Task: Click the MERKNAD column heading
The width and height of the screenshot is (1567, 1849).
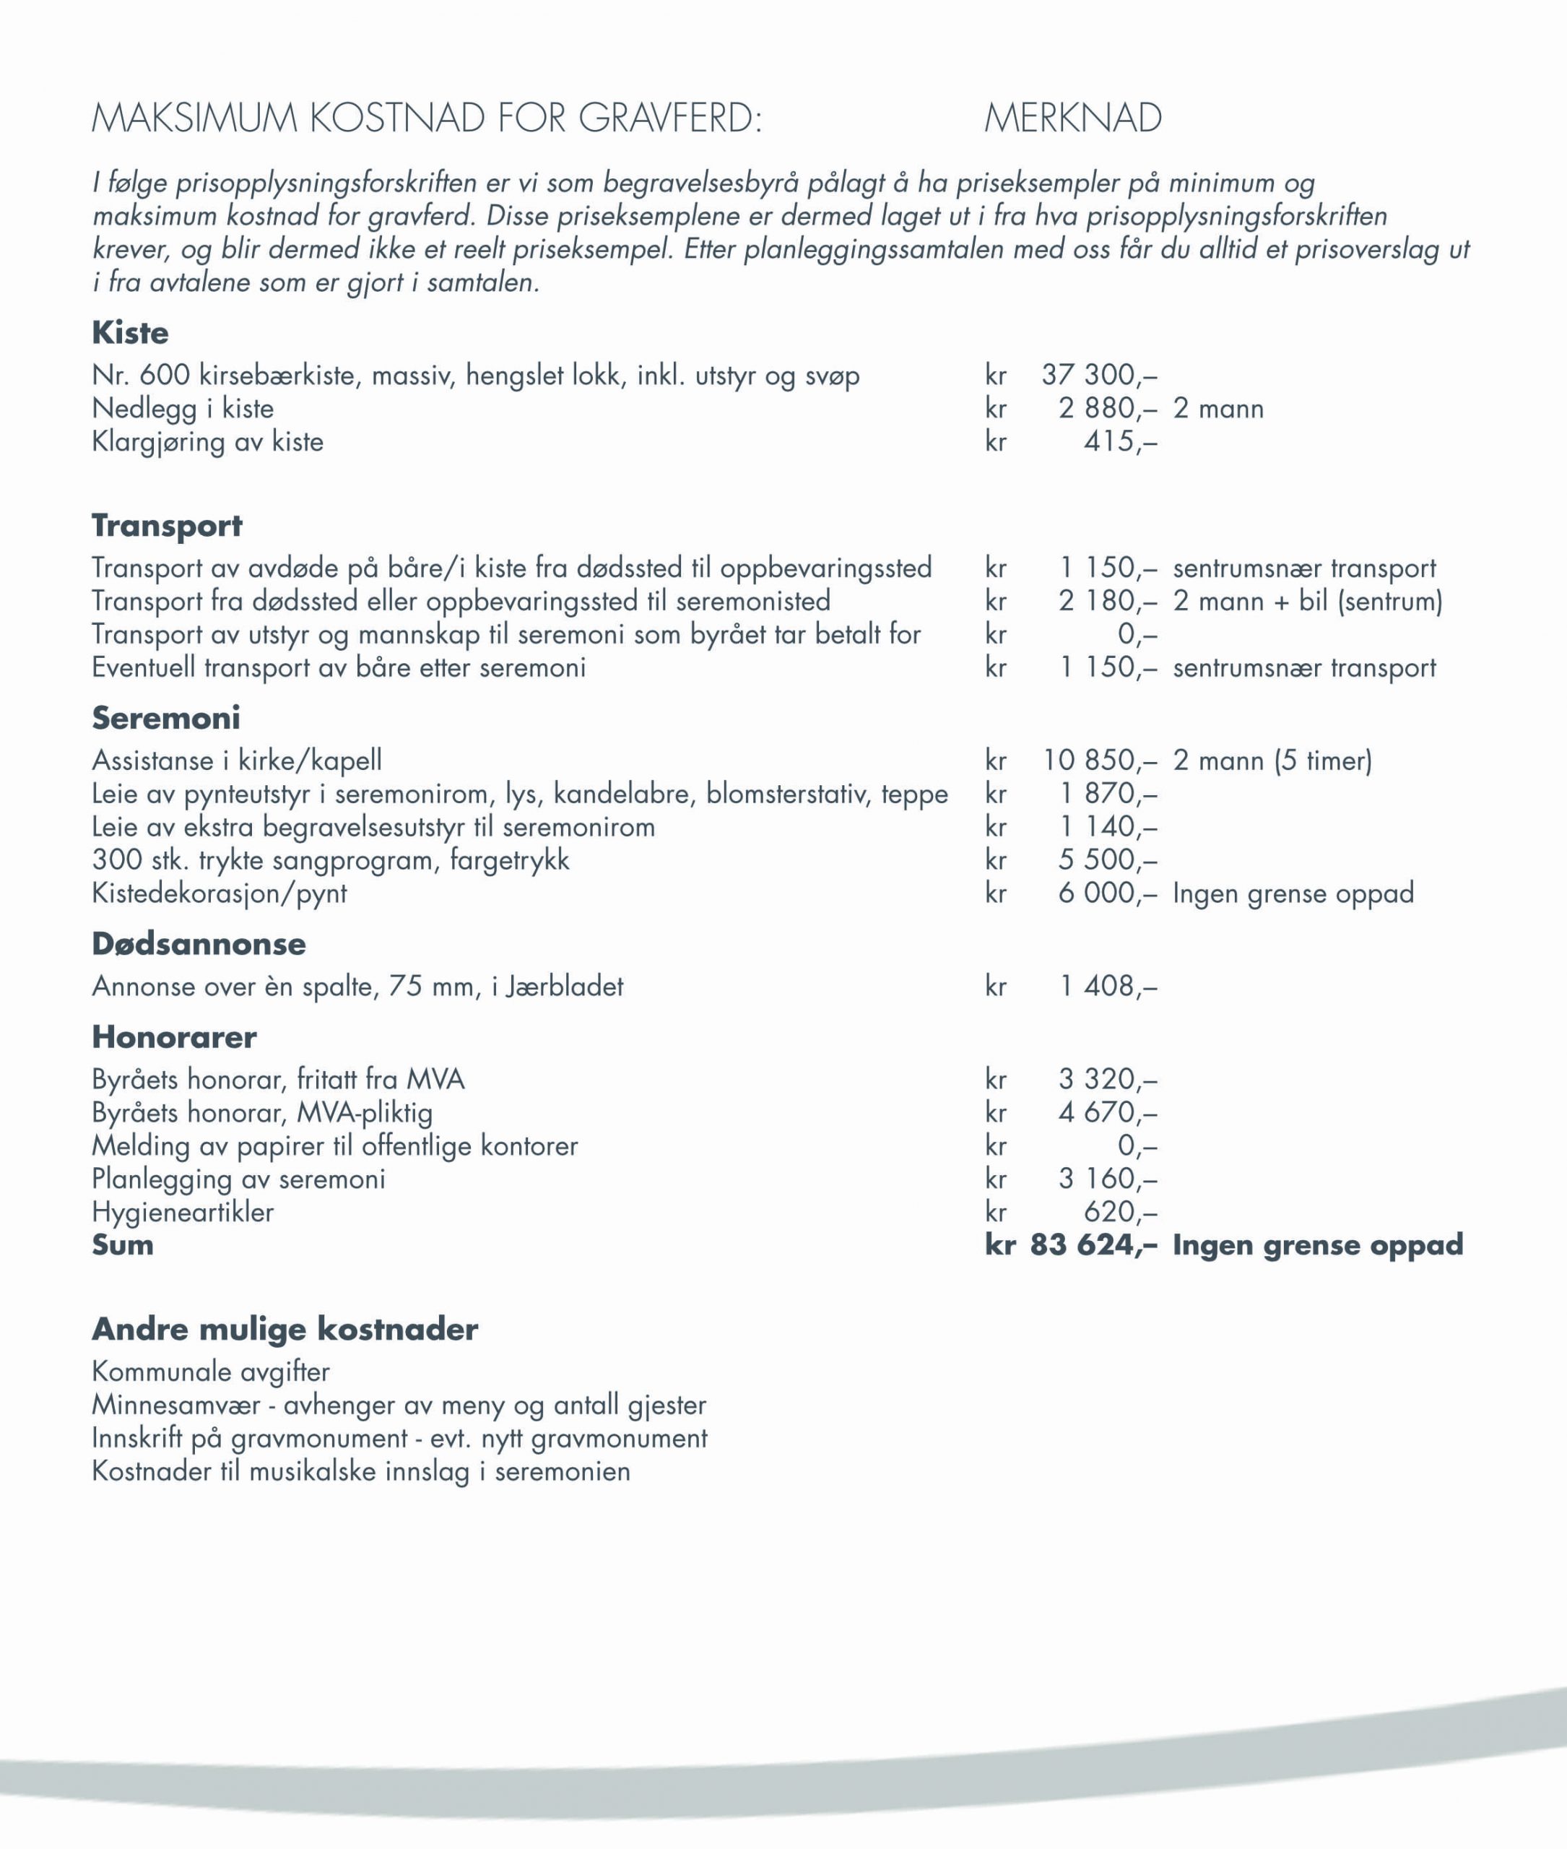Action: coord(1073,118)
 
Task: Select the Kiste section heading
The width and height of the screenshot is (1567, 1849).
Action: coord(130,333)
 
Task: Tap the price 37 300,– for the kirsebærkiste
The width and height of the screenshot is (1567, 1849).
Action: coord(1099,375)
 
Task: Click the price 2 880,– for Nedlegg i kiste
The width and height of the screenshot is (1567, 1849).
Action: coord(1108,409)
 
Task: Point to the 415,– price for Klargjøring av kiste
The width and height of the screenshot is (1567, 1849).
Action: coord(1119,441)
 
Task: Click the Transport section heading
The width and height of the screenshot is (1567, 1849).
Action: coord(167,525)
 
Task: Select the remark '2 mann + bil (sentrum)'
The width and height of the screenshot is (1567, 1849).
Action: coord(1308,602)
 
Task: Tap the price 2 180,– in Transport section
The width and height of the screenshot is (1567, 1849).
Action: coord(1108,602)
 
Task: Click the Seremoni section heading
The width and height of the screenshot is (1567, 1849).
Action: coord(166,718)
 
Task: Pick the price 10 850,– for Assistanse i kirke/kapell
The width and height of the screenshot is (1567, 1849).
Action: coord(1100,761)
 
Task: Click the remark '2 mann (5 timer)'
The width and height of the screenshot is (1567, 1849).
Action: coord(1272,761)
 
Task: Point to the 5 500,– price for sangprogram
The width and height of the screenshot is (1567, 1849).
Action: coord(1108,860)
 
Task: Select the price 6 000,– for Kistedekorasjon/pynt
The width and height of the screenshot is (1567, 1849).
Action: coord(1108,893)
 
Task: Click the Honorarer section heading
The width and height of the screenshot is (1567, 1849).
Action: coord(174,1037)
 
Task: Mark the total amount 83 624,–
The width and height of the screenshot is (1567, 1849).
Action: coord(1093,1244)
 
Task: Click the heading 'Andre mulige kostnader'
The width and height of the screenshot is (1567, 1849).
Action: coord(285,1329)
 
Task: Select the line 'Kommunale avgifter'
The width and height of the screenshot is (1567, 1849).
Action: coord(211,1372)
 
